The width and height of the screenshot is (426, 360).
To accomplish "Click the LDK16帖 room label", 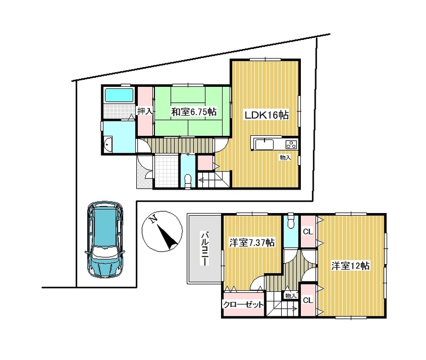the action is coord(267,115).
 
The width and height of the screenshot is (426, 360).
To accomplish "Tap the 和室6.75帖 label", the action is coord(194,112).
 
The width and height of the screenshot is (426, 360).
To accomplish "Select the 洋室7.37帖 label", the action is coord(251,242).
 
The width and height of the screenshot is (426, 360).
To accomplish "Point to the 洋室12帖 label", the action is coord(350,265).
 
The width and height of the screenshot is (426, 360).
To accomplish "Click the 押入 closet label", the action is coord(145,111).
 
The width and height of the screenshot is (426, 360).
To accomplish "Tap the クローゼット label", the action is coord(243,305).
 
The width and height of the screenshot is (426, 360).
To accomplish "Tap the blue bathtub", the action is coord(119,95).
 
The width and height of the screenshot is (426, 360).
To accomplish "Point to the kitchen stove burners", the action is coord(291,144).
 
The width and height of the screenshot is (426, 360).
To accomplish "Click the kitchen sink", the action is coord(265,144).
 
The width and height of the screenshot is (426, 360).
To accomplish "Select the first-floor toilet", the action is coord(188,181).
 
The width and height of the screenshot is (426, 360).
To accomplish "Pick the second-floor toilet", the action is coord(291,222).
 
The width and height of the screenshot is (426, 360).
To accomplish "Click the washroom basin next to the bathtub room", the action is coord(109,143).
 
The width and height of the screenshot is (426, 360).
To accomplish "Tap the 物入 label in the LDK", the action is coord(285,157).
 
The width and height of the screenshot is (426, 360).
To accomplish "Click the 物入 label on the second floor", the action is coord(290,296).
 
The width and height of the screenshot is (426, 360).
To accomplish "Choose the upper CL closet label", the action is coord(308,232).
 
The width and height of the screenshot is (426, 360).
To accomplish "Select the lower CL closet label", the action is coord(308,300).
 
